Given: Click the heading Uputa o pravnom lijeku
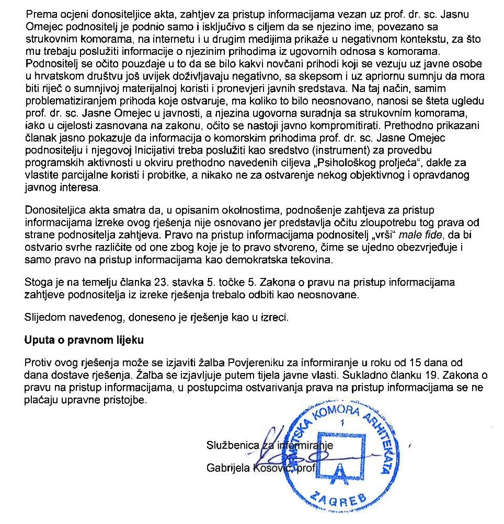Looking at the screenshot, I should [x=84, y=340].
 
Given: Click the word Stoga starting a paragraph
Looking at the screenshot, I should [x=38, y=283].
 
